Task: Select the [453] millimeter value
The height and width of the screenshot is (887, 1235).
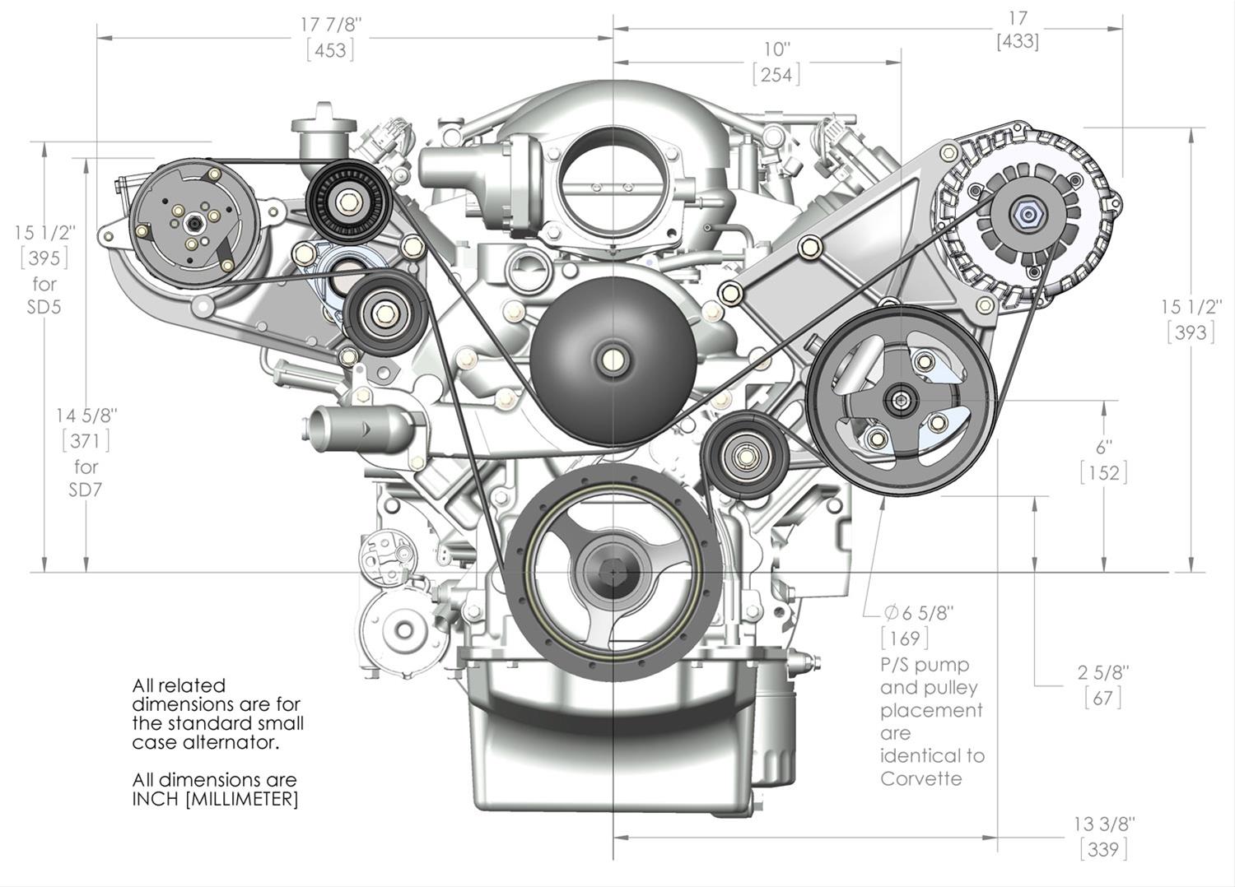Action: tap(330, 50)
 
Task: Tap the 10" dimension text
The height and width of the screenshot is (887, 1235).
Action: tap(776, 49)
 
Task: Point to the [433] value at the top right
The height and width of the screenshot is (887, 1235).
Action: tap(1017, 40)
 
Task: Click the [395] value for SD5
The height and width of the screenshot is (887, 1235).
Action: tap(44, 258)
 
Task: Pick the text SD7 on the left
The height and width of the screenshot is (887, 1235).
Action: tap(86, 490)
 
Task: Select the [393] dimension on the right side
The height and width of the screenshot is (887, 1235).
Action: tap(1191, 332)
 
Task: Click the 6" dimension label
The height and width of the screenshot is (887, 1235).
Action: tap(1103, 447)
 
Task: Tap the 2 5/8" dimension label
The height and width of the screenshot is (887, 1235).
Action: tap(1103, 672)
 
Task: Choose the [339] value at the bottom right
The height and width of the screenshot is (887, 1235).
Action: tap(1103, 848)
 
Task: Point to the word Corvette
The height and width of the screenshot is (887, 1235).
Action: tap(920, 778)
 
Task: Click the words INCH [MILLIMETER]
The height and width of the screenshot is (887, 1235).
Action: tap(215, 799)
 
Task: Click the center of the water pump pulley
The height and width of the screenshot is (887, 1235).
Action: tap(613, 360)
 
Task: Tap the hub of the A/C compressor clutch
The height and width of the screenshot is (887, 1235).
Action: tap(192, 221)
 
